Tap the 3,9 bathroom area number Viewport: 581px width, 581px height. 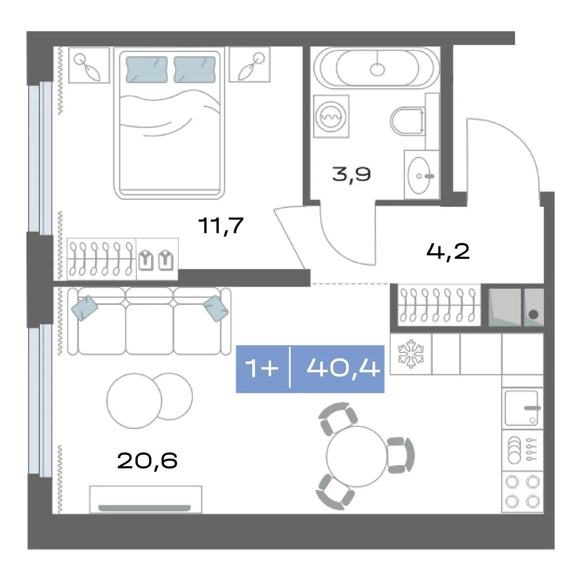[352, 174]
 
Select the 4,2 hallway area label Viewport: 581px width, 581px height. [448, 252]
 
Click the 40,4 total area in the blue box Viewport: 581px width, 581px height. [343, 369]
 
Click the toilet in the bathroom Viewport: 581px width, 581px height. [407, 121]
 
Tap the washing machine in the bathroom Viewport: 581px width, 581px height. [331, 116]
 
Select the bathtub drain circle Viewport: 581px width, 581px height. [378, 70]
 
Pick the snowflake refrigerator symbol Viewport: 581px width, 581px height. [411, 354]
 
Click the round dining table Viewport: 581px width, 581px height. [356, 456]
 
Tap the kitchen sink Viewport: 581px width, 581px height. [521, 408]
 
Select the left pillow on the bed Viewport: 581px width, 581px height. [147, 70]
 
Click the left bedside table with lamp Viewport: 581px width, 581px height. [88, 65]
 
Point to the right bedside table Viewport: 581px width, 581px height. [249, 64]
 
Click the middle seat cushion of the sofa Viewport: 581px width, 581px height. [150, 329]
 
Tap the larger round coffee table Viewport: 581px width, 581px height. [134, 401]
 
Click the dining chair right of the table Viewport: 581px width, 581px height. [400, 455]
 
